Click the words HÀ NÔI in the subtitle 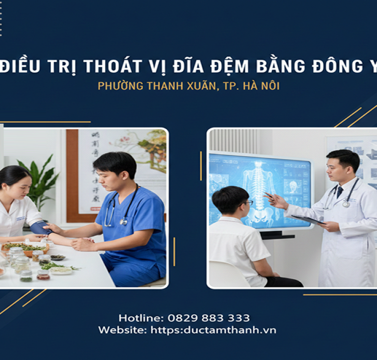coord(263,86)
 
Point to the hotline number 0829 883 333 coord(209,318)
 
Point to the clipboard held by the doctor coord(307,220)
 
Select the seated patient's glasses coord(249,202)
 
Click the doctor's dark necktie coord(340,191)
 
